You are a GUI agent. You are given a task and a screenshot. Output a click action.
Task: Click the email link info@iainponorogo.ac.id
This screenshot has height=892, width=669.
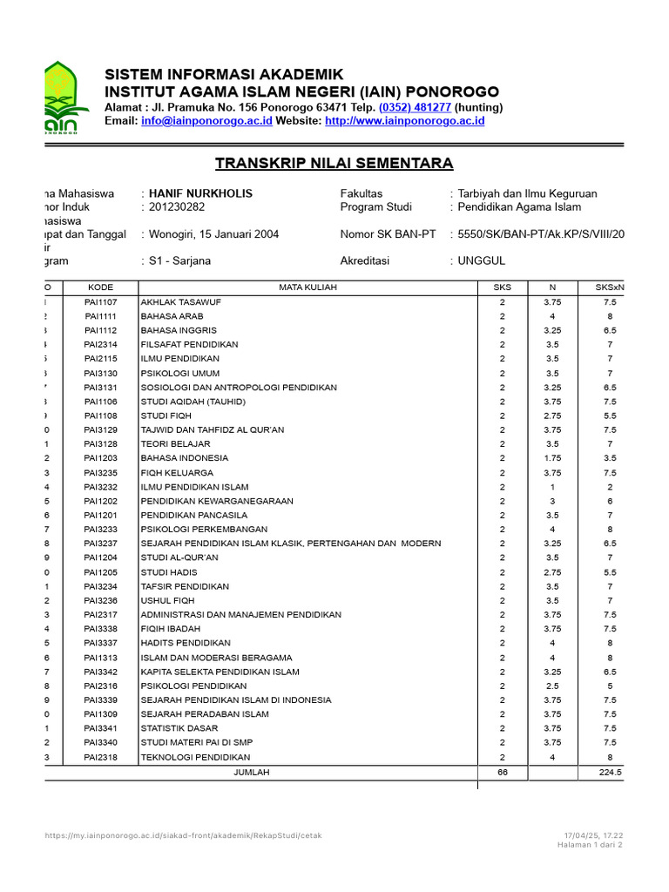click(206, 121)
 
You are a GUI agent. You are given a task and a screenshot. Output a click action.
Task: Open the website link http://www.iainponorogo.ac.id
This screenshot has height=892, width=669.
click(404, 121)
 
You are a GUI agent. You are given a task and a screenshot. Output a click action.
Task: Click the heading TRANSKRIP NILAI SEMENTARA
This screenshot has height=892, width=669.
click(334, 163)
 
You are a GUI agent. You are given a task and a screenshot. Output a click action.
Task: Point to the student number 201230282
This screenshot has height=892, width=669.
click(177, 207)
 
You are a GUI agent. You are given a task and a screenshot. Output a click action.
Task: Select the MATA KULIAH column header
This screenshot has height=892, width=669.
click(307, 287)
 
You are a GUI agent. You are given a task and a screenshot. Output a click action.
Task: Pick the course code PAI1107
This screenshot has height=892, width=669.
click(100, 301)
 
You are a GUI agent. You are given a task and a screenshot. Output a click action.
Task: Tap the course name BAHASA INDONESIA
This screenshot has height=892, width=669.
click(185, 457)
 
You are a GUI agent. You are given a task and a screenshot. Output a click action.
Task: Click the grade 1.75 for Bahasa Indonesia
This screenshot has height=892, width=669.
click(551, 457)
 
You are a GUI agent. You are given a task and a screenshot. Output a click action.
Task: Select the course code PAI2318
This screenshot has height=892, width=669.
click(100, 758)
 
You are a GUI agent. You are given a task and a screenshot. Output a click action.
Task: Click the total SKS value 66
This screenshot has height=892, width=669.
click(502, 773)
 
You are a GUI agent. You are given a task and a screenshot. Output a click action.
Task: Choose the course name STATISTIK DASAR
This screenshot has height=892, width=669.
click(179, 729)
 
